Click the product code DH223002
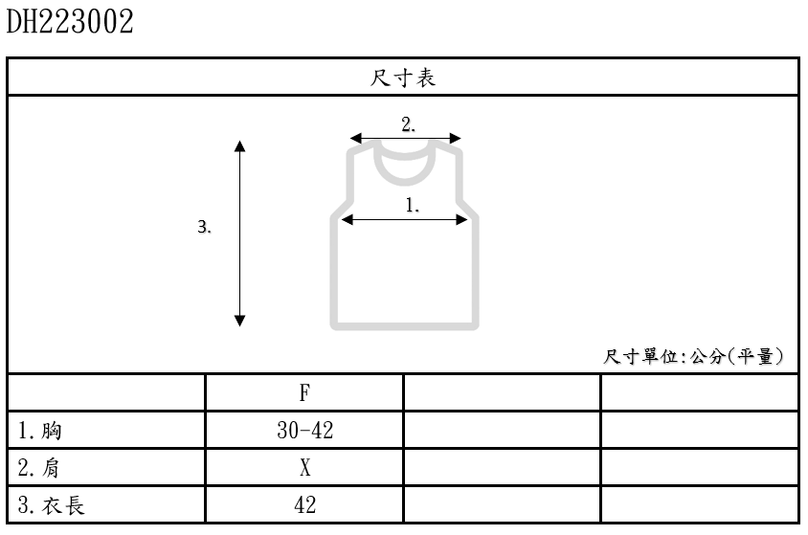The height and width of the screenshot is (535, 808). click(70, 22)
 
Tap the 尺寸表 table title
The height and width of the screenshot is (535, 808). click(403, 78)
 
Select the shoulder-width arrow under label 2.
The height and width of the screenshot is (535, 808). click(405, 139)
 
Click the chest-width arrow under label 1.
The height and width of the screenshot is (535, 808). click(405, 220)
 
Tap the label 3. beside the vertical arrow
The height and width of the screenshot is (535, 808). click(204, 228)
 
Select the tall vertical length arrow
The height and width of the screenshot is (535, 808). click(240, 234)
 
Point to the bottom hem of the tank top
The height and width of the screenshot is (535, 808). click(405, 326)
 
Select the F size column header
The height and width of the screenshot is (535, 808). click(304, 392)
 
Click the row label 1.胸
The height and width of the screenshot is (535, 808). click(39, 431)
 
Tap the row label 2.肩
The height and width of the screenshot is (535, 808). click(39, 468)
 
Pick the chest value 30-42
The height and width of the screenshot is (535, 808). click(304, 431)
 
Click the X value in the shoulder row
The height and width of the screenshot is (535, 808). click(304, 468)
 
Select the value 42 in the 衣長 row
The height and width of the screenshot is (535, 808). click(304, 504)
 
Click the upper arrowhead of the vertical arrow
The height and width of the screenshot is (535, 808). click(240, 146)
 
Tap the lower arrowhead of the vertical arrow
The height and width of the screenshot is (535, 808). click(240, 321)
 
